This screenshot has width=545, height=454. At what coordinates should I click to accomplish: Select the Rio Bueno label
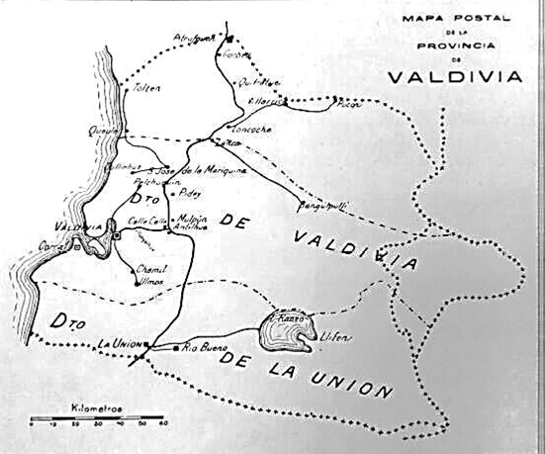coord(204,348)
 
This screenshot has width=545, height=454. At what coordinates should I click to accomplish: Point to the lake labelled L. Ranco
coord(285,331)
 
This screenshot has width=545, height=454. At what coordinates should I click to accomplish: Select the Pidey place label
coord(188,197)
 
